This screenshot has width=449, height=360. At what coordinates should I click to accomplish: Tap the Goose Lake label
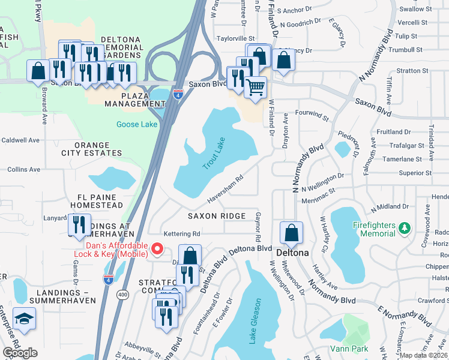point(137,125)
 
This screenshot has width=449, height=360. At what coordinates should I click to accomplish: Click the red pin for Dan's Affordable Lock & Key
point(158,248)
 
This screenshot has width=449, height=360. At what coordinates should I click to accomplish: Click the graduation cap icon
point(25,318)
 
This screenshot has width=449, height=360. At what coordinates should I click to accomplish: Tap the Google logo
point(20,353)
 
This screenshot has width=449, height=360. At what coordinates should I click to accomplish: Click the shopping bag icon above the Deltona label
point(291,232)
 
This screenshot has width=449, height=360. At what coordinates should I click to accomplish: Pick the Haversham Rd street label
point(225,187)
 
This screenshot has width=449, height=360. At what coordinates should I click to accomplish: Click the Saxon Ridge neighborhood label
point(216,216)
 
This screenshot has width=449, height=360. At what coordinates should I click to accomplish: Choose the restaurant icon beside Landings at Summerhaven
point(79,224)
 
